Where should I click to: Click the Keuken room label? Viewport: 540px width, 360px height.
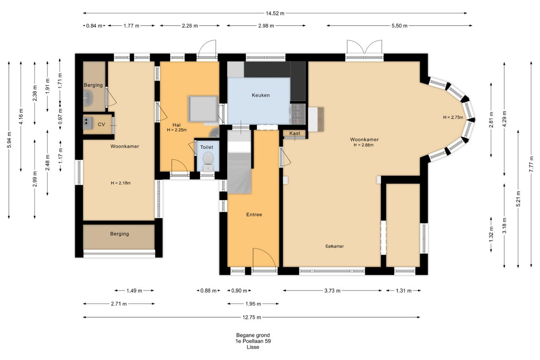[x=261, y=95]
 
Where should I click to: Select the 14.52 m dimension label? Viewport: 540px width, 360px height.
[x=275, y=13]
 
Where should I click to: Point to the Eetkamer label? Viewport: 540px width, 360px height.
[x=334, y=246]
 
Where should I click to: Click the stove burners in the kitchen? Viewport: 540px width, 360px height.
[x=298, y=114]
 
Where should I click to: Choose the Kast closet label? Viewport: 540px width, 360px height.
[x=295, y=133]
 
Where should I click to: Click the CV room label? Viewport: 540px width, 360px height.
[x=101, y=124]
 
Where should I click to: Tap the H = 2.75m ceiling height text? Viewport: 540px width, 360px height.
[x=453, y=117]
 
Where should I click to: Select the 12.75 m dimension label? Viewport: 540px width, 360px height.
[x=252, y=317]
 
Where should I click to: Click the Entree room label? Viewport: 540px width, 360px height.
[x=254, y=215]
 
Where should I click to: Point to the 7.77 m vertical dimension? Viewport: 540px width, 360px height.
[x=531, y=164]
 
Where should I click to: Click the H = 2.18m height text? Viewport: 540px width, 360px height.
[x=120, y=183]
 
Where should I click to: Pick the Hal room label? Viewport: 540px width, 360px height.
[x=177, y=125]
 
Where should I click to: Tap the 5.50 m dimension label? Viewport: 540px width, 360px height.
[x=399, y=26]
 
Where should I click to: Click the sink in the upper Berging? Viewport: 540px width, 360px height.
[x=88, y=98]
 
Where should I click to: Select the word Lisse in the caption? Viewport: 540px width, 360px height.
[x=253, y=347]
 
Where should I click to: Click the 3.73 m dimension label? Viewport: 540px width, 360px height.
[x=332, y=291]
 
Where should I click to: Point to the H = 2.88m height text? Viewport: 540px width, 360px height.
[x=363, y=145]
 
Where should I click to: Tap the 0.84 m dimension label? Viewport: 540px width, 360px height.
[x=94, y=26]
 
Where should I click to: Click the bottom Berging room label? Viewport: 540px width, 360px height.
[x=120, y=234]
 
